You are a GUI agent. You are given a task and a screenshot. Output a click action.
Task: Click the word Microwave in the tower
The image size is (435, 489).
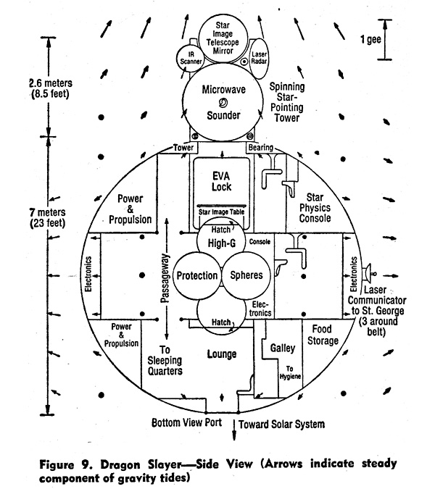[224, 90]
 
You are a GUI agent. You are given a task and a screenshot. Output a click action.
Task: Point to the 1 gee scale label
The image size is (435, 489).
[370, 39]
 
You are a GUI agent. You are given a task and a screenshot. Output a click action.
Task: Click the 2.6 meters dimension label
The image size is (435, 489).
[51, 88]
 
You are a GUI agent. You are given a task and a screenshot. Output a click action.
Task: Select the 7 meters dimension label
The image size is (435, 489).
[48, 217]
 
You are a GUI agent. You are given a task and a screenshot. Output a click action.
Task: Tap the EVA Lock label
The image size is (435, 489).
[221, 182]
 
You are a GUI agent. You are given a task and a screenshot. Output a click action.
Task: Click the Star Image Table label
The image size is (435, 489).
[221, 212]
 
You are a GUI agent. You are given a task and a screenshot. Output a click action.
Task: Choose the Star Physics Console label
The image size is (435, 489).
[315, 208]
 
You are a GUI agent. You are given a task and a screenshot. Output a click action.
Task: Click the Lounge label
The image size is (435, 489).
[222, 354]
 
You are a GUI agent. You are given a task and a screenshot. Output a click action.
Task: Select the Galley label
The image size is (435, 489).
[283, 348]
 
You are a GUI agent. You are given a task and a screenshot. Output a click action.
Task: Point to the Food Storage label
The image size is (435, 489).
[323, 335]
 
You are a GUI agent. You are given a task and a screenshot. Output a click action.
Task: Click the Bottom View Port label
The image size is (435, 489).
[186, 422]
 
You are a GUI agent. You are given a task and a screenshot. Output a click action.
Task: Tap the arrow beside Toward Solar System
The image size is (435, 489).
[234, 430]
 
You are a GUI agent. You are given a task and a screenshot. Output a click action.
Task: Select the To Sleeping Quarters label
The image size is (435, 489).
[165, 360]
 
